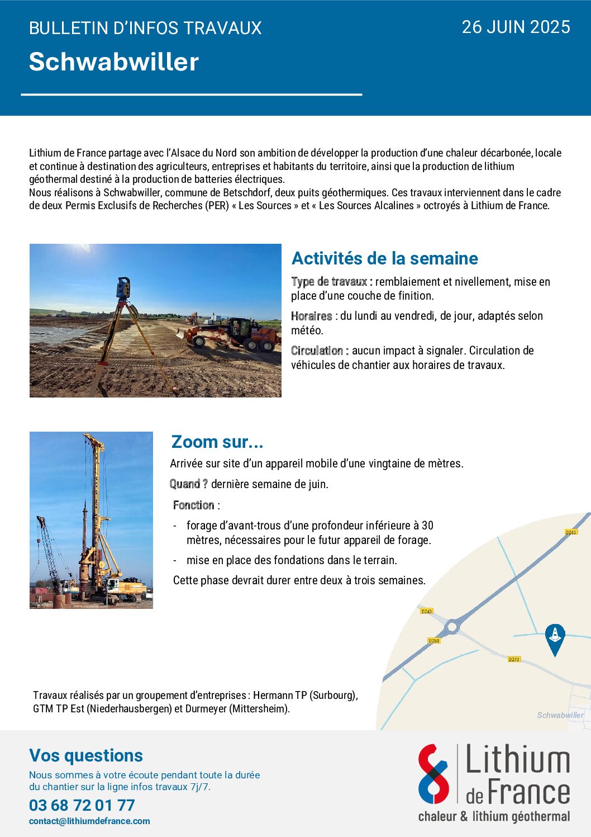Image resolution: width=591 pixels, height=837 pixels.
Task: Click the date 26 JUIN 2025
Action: pos(516,27)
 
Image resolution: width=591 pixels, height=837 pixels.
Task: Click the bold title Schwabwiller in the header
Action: pos(114,62)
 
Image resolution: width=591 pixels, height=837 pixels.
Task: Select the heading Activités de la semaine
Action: pos(385,258)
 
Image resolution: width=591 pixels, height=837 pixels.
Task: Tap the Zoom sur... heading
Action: pos(217,442)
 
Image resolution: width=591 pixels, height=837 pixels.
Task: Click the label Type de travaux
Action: pos(329,282)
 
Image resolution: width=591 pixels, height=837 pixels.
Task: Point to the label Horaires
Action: pos(311,316)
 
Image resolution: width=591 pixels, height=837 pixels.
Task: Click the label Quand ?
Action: pos(188,484)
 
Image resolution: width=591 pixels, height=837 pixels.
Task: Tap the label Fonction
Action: pos(194,505)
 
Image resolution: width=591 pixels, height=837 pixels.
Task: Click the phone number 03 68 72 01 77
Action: pos(82,805)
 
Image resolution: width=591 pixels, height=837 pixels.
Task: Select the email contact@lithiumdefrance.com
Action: pos(89,821)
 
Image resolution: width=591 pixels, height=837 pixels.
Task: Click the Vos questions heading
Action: pos(86,755)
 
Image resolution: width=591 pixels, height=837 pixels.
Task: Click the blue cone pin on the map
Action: pos(555,637)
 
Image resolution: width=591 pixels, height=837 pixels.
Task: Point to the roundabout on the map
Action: pos(452,627)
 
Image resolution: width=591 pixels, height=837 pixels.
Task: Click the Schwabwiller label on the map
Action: pos(560,715)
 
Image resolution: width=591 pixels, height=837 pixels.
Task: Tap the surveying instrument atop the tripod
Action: pos(123,287)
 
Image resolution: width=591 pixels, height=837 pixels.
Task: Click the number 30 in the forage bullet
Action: pos(427,526)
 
